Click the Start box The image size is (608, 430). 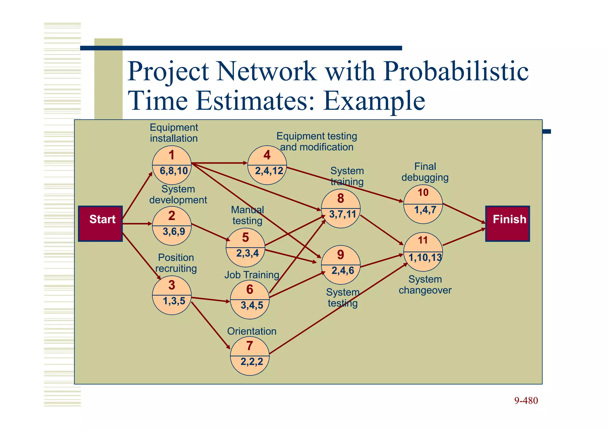point(100,223)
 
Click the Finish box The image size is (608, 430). point(507,223)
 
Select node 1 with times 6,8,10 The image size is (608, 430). point(172,165)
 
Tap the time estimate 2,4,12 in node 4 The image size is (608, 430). point(269,171)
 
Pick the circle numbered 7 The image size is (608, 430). point(250,356)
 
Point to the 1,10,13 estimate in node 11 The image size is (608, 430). point(425,258)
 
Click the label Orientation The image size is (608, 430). point(252,331)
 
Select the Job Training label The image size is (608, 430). point(252,275)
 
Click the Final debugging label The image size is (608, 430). point(425,172)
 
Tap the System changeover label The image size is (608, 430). point(425,285)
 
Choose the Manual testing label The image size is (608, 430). point(247,215)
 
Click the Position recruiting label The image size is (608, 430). point(176,263)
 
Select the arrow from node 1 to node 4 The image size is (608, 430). point(220,163)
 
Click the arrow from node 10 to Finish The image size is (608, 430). point(464,213)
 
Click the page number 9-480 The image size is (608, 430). point(526,401)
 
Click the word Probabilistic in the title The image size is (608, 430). point(456,71)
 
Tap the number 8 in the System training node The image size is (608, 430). point(341,199)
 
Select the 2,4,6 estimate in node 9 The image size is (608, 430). point(343,271)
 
